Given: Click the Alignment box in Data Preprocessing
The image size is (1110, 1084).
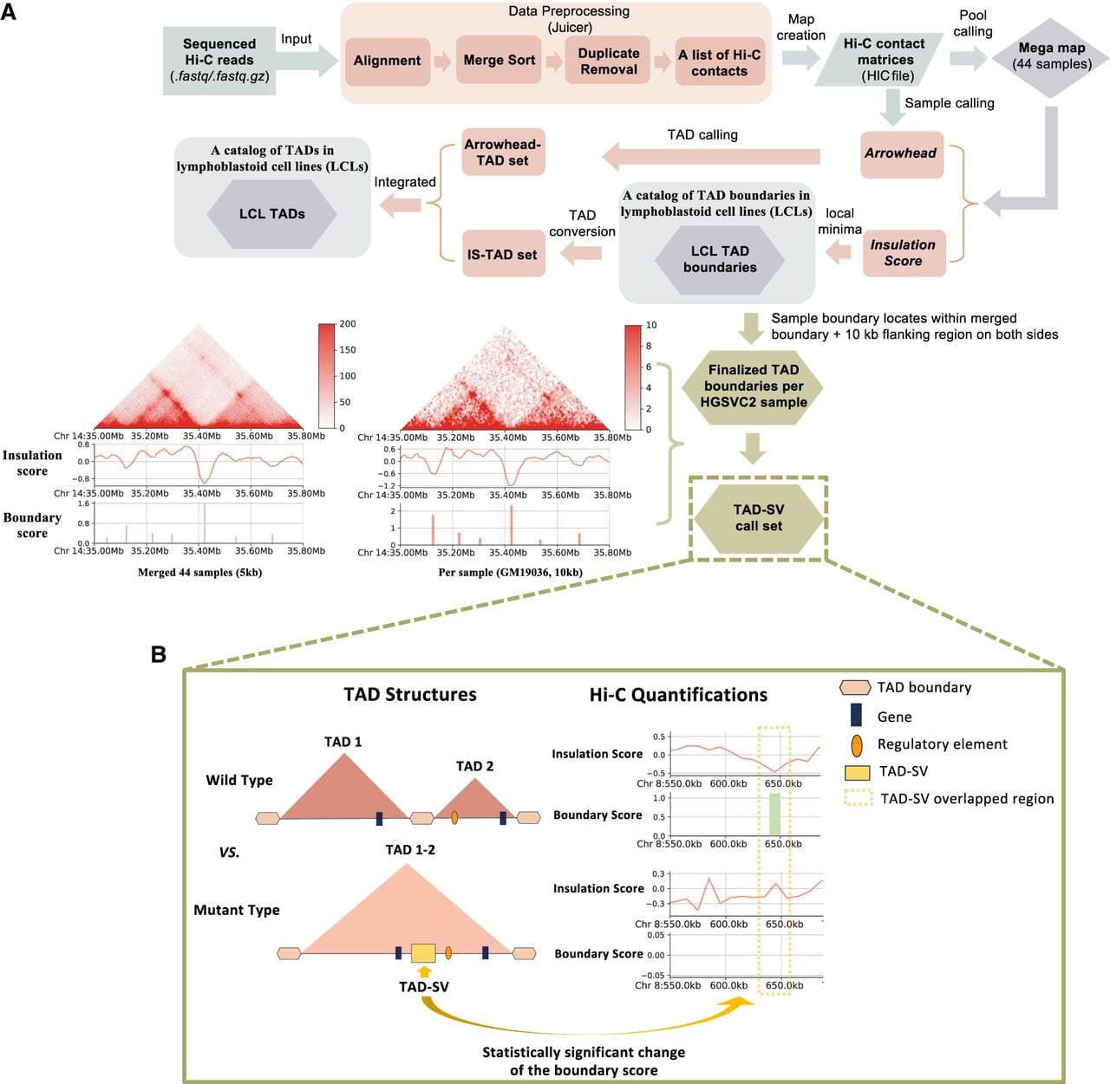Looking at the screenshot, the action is click(388, 61).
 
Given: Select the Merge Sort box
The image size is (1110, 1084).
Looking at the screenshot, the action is click(499, 60).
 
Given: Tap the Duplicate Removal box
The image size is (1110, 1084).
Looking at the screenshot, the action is click(608, 61).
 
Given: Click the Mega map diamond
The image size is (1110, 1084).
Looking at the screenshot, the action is click(1051, 57).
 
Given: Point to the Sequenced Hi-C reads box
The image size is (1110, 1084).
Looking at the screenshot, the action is click(219, 60).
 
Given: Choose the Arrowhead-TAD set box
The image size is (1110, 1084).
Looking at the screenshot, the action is click(503, 153).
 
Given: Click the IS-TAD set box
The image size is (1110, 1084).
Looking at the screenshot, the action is click(503, 254).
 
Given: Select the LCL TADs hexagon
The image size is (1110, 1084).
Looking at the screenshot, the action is click(272, 214).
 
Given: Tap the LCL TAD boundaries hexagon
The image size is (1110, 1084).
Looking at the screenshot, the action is click(720, 259).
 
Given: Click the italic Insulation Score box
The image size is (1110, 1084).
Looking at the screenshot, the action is click(904, 253).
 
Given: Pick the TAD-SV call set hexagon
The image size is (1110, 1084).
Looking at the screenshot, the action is click(759, 518).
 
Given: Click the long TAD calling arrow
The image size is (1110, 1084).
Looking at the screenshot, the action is click(711, 157).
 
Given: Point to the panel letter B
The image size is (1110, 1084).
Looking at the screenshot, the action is click(159, 653).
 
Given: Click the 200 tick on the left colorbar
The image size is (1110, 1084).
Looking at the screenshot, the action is click(348, 324).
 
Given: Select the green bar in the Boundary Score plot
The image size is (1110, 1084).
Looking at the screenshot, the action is click(774, 814).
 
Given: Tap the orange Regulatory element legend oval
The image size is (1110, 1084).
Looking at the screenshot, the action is click(856, 745).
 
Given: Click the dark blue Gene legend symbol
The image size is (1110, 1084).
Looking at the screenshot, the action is click(856, 715).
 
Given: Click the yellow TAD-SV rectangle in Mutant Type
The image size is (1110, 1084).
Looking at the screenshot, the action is click(423, 953).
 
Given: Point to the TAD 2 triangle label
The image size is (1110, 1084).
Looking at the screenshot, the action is click(474, 766).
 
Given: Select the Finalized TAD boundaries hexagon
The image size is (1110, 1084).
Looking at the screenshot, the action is click(753, 387).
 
